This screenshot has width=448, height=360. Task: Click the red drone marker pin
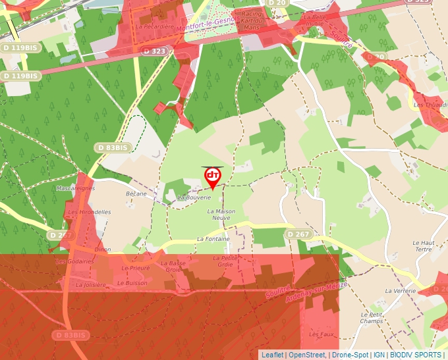(213, 176)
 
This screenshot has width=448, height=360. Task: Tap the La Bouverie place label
(194, 197)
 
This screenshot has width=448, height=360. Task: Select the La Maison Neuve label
(221, 215)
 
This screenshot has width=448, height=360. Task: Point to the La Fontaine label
(213, 239)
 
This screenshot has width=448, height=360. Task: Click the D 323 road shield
(155, 51)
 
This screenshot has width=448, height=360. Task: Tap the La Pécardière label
(155, 27)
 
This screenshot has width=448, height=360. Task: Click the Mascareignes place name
(76, 188)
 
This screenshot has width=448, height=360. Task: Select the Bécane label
(136, 194)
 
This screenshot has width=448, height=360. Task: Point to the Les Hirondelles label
(89, 213)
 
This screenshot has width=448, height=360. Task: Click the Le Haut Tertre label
(423, 245)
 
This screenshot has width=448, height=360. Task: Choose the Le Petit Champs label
(372, 318)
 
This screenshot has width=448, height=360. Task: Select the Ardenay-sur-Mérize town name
(317, 291)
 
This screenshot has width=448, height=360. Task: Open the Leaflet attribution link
(272, 355)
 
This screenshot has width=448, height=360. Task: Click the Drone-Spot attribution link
(350, 355)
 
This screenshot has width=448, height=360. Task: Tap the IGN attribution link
(379, 355)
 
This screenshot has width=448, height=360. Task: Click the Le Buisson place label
(132, 283)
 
